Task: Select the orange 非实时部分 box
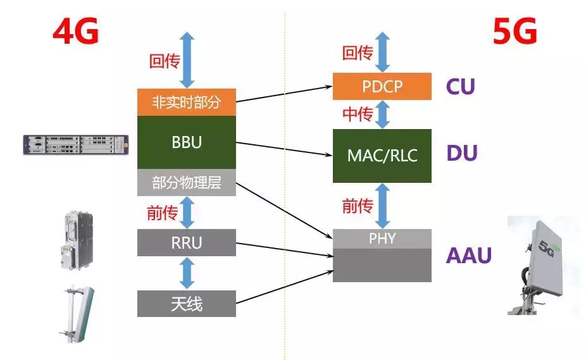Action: tap(186, 102)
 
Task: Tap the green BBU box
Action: tap(186, 142)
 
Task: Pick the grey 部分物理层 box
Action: tap(186, 183)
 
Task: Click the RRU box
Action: tap(186, 242)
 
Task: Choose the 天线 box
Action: tap(186, 304)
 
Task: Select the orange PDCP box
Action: tap(382, 86)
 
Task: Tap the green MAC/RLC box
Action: tap(382, 156)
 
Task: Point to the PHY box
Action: tap(382, 239)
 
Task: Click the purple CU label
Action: tap(460, 87)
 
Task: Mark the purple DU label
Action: tap(461, 153)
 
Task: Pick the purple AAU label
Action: tap(468, 256)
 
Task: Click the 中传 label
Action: tap(357, 115)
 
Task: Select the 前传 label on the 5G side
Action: tap(357, 205)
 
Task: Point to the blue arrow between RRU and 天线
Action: tap(187, 273)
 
